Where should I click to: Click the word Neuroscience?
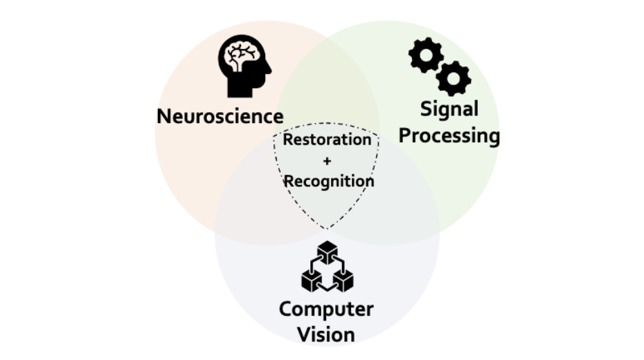220,116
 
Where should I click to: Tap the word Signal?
449,109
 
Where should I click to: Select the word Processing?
449,135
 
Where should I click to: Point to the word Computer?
326,308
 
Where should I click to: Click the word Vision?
326,334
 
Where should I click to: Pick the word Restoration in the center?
328,139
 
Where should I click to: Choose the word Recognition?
329,181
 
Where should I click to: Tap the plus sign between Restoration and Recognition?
328,161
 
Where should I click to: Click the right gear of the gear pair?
454,78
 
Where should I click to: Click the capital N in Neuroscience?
164,116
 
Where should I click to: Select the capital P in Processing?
406,135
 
